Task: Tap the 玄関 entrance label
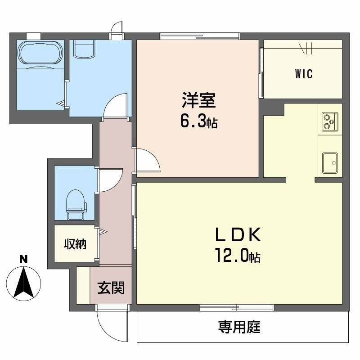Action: click(111, 287)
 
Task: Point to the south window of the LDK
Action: click(236, 308)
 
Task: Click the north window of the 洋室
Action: click(187, 36)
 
